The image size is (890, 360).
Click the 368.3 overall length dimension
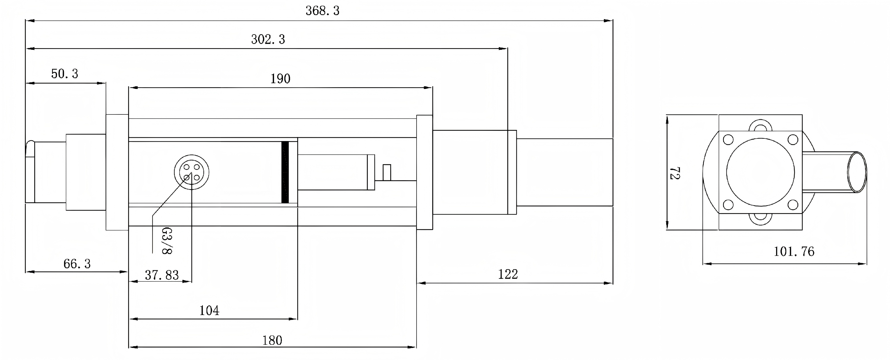tap(322, 11)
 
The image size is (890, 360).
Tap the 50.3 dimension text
tap(65, 74)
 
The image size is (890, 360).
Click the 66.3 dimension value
tap(77, 264)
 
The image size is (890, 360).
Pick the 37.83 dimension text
tap(162, 275)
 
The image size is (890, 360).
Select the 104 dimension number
tap(209, 311)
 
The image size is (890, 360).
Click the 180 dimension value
tap(272, 341)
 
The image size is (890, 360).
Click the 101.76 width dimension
tap(794, 251)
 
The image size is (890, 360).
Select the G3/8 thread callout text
tap(167, 241)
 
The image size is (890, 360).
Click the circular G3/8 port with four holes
tap(191, 172)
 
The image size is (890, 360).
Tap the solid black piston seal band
tap(285, 172)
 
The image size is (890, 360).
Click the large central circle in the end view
tap(760, 172)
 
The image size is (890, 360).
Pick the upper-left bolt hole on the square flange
tap(728, 140)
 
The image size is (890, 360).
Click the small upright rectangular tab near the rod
tap(387, 173)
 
